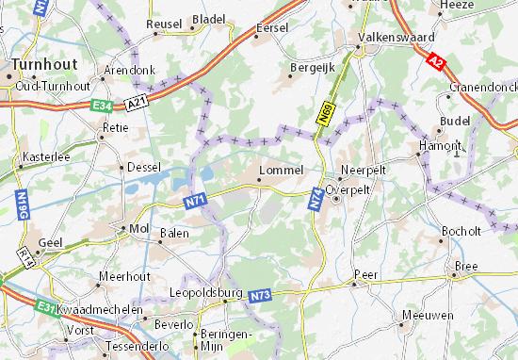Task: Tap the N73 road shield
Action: pyautogui.click(x=261, y=296)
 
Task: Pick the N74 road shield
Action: pyautogui.click(x=315, y=195)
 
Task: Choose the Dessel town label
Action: pyautogui.click(x=144, y=167)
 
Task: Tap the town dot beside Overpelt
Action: pyautogui.click(x=335, y=199)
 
